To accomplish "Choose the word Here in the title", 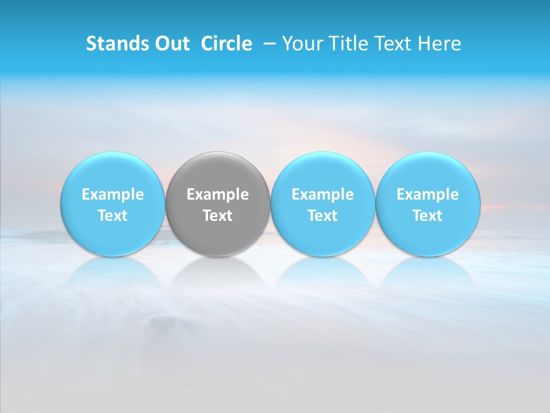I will (439, 44).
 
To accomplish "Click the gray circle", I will (218, 172).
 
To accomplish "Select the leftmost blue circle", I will (112, 172).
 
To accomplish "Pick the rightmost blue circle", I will (427, 172).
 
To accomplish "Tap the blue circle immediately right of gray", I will (323, 172).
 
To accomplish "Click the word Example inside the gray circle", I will (218, 194).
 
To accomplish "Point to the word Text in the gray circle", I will (218, 216).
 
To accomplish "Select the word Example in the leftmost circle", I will (112, 194).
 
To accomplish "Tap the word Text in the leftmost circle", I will (112, 216).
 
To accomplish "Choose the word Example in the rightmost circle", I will (427, 194).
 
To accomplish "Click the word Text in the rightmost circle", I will (427, 216).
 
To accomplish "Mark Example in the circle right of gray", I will (323, 194).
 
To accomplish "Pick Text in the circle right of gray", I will (323, 216).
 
